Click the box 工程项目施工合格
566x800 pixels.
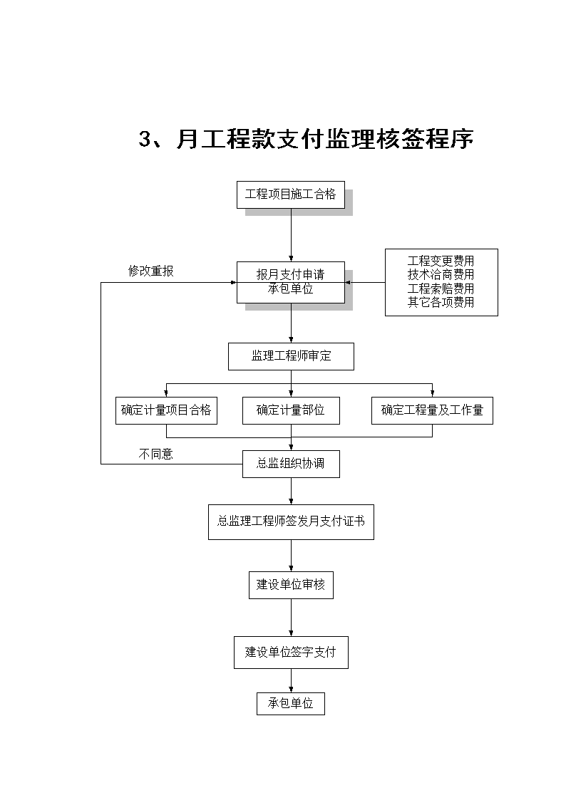point(290,194)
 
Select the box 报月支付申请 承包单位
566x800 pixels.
point(290,282)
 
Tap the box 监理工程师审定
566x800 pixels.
point(291,356)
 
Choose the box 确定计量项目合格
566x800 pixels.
point(166,410)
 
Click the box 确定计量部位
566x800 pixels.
point(291,410)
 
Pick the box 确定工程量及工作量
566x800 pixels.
point(432,410)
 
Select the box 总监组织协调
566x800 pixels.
point(291,464)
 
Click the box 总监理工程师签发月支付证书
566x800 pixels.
point(291,522)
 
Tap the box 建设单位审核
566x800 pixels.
point(291,585)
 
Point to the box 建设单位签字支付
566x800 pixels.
point(291,652)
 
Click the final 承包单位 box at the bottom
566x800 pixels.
point(291,704)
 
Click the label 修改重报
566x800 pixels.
point(151,271)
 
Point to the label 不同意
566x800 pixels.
point(156,454)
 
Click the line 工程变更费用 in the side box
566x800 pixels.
point(441,261)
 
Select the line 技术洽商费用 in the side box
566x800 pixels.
point(441,275)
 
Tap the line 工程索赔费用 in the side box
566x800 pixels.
point(441,289)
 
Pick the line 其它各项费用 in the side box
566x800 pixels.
point(441,303)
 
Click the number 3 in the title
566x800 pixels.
point(145,139)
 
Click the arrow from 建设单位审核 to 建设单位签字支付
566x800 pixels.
point(292,618)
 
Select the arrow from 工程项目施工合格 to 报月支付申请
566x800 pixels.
point(292,234)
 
